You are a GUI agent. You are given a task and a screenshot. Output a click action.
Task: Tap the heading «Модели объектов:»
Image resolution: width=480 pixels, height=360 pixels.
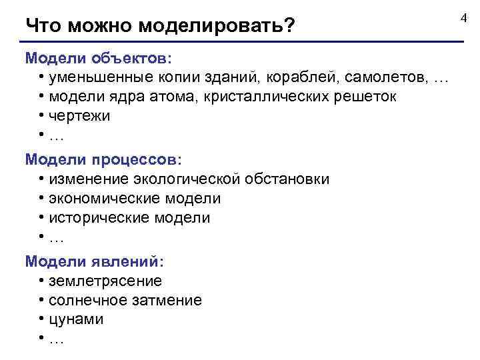click(99, 58)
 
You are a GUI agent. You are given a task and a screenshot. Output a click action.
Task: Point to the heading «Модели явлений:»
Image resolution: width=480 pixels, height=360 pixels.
click(95, 262)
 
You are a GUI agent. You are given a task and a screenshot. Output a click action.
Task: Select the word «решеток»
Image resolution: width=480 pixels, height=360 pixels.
click(366, 97)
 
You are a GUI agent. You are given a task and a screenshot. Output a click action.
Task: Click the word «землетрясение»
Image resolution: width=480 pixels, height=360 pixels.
click(105, 281)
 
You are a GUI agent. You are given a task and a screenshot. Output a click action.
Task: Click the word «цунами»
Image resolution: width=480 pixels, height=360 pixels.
click(76, 320)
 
